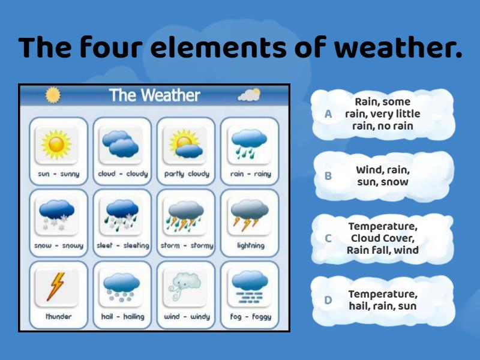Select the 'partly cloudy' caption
point(186,174)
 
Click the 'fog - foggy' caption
point(250,317)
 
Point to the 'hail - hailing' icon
point(121,287)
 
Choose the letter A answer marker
point(328,114)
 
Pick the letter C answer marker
point(328,238)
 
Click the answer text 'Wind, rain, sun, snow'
point(382,176)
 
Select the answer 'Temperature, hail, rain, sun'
point(382,300)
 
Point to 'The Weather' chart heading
point(155,95)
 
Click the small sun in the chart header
point(53,95)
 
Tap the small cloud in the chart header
point(249,95)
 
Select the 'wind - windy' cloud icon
point(186,287)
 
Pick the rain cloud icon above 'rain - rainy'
point(250,145)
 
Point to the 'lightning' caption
point(250,245)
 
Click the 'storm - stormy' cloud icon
point(186,216)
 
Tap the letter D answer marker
point(328,300)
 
